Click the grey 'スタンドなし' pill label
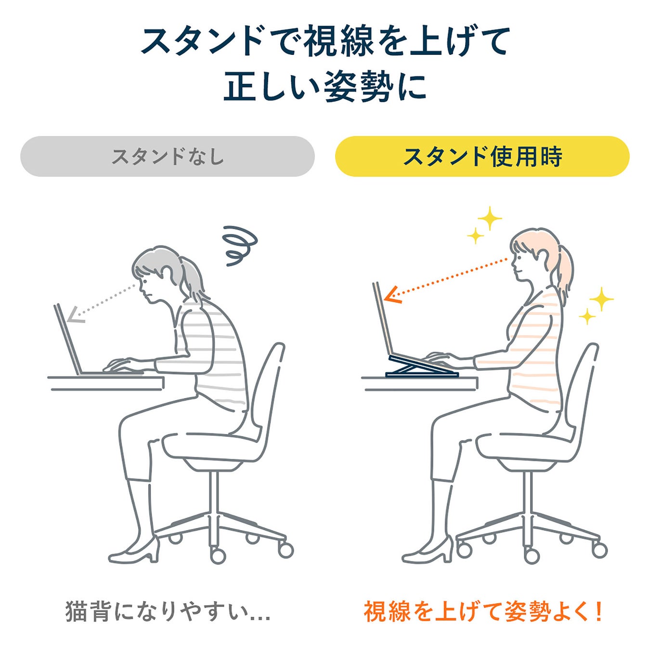coord(167,156)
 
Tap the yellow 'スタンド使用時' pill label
coord(482,156)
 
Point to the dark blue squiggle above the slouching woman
coord(240,246)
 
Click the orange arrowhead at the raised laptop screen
coord(393,296)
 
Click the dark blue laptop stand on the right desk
coord(422,365)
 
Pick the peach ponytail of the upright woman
coord(563,270)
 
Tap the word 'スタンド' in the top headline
coord(202,41)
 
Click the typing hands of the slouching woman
coord(123,364)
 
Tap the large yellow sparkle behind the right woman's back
coord(601,299)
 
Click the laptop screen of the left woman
coord(67,339)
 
